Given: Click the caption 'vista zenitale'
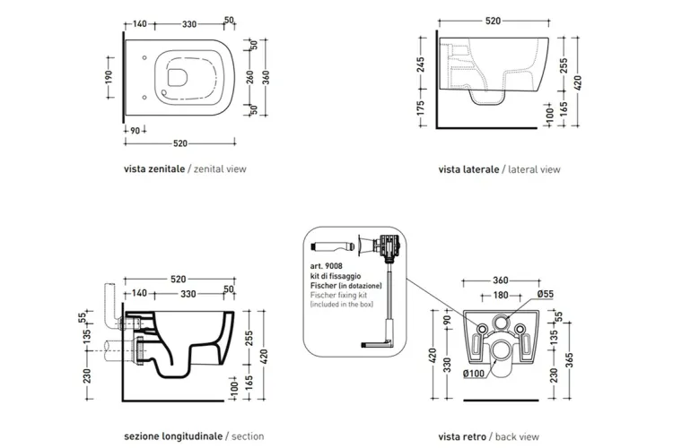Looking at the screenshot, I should pyautogui.click(x=154, y=168).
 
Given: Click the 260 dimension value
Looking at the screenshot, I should pyautogui.click(x=252, y=77).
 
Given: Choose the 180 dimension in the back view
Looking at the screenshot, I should pyautogui.click(x=501, y=295).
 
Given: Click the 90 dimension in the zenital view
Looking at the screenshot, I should pyautogui.click(x=134, y=130).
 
